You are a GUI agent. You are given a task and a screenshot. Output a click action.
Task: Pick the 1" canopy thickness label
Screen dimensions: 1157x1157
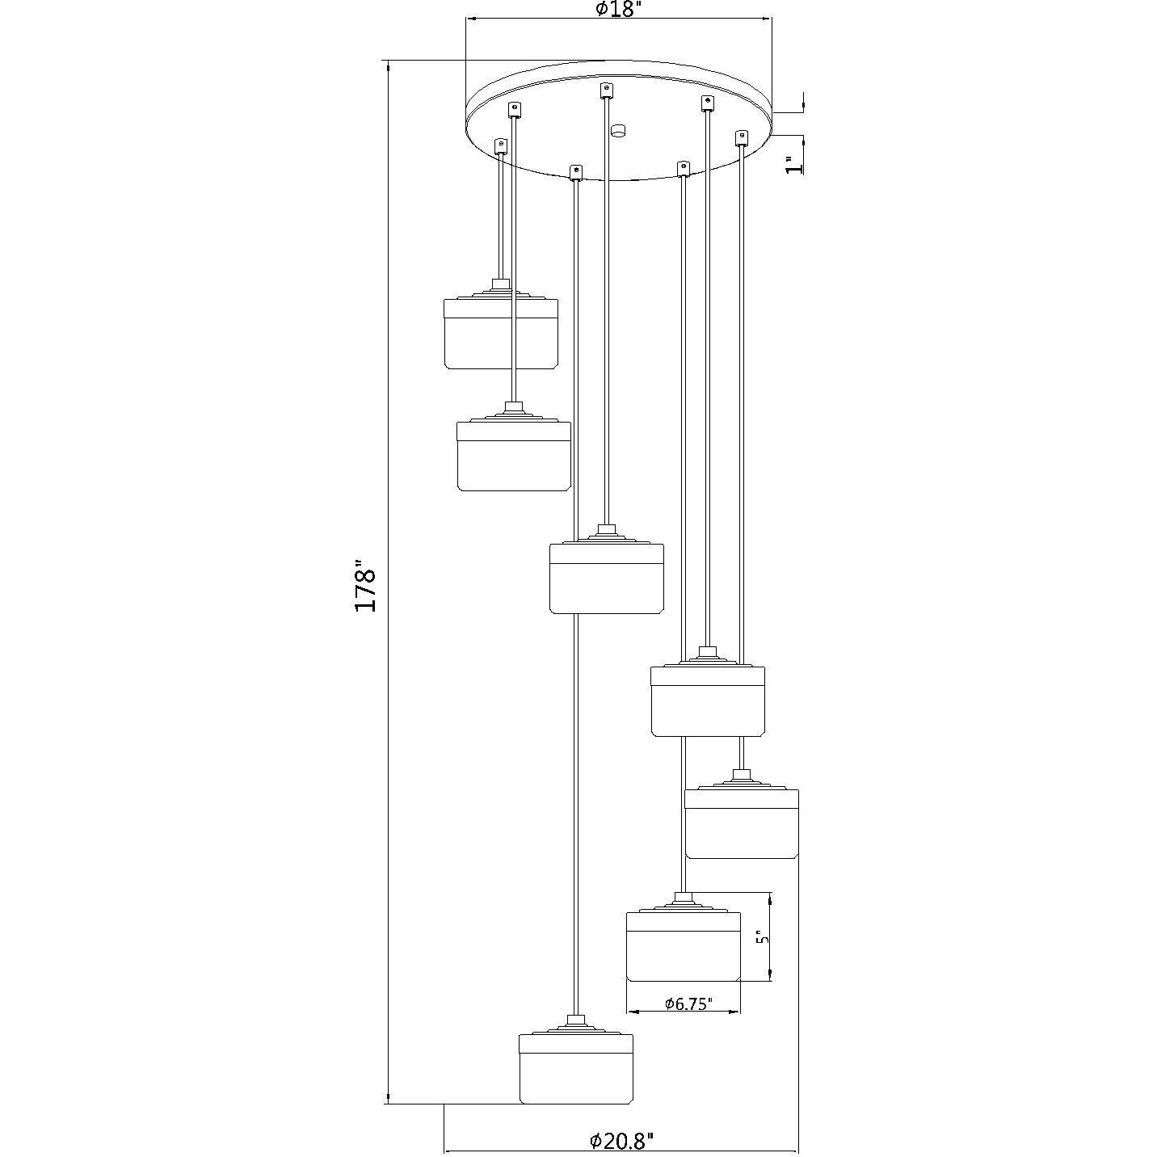(x=793, y=165)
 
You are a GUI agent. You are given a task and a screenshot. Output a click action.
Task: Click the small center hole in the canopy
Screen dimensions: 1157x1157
(x=617, y=130)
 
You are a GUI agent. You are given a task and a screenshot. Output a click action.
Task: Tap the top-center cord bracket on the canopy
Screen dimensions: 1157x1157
(x=607, y=90)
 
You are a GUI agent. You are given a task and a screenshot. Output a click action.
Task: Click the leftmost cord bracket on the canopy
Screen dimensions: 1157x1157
(x=500, y=146)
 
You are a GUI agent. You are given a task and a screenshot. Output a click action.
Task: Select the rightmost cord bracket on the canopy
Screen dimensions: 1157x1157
(x=743, y=137)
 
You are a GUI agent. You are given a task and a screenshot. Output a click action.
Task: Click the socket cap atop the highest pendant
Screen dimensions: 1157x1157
(x=501, y=285)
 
